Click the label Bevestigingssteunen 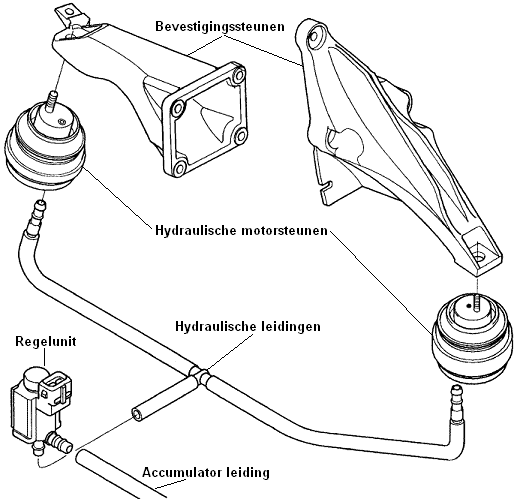[x=220, y=27]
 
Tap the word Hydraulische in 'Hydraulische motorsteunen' [x=195, y=230]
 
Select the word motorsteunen [x=284, y=230]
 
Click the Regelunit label [x=46, y=341]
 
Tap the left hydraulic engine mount [x=45, y=144]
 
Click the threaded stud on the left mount [x=52, y=100]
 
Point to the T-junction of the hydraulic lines [x=200, y=375]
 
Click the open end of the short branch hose [x=137, y=414]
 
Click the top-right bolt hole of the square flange [x=239, y=76]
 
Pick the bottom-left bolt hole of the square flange [x=180, y=167]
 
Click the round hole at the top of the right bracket [x=314, y=37]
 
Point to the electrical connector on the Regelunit [x=55, y=388]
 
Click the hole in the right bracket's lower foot [x=479, y=258]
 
